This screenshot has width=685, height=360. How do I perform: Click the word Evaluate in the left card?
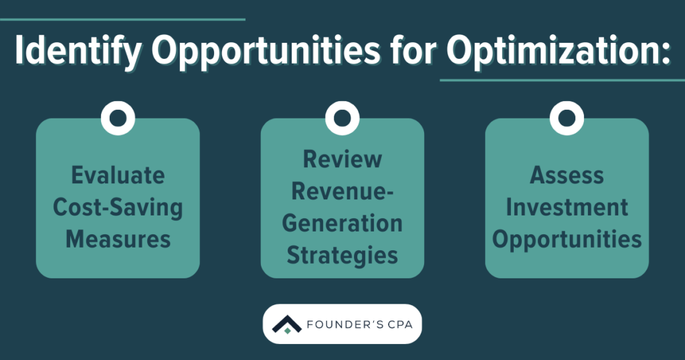pos(118,176)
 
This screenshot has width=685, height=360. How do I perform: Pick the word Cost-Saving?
pos(118,207)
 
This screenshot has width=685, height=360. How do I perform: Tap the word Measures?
pos(118,239)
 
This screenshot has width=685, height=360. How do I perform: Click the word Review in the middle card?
pos(342,159)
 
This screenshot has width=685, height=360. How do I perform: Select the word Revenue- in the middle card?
pos(342,191)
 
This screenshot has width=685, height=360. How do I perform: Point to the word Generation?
pos(342,223)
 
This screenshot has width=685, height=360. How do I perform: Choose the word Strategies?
pos(342,255)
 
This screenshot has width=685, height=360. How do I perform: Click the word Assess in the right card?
pos(567,176)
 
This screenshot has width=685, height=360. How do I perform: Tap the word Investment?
pos(567,207)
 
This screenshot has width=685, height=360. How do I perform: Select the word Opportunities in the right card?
pos(567,239)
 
